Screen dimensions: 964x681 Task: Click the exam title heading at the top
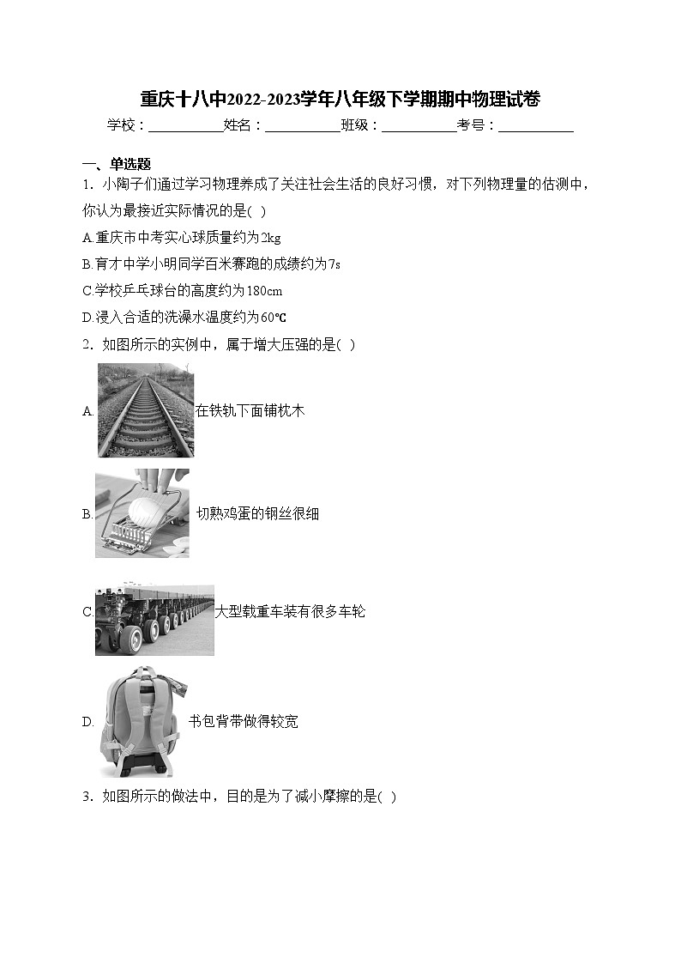(340, 99)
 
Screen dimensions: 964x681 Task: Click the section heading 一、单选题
(117, 164)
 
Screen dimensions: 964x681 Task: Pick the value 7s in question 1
(334, 264)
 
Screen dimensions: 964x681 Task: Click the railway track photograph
(146, 410)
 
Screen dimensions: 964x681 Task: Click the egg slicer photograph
(142, 513)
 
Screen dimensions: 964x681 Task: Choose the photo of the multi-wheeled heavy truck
(154, 620)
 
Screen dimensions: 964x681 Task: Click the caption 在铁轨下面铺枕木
(250, 410)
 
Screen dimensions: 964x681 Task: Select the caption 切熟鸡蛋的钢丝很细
(257, 513)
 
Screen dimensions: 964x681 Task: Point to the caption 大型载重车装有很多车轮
(290, 612)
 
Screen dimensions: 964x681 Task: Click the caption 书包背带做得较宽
(244, 722)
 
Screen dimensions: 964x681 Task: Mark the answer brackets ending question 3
(388, 797)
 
